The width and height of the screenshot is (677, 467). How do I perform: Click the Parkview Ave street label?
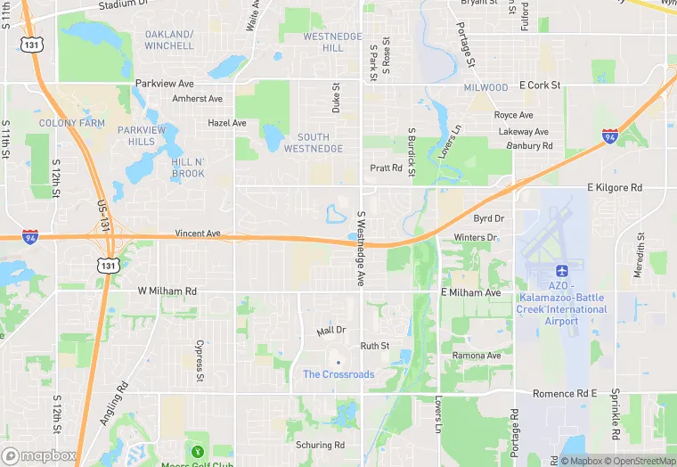click(x=165, y=83)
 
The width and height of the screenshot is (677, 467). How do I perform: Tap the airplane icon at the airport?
click(x=561, y=270)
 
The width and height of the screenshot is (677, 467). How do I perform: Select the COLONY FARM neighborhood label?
click(x=72, y=123)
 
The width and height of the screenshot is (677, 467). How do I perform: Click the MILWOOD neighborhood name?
click(x=485, y=87)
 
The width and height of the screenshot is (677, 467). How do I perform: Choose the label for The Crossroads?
click(x=338, y=374)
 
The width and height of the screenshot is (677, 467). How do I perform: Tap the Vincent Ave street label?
click(x=198, y=233)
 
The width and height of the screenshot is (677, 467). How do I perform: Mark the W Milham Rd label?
click(x=167, y=291)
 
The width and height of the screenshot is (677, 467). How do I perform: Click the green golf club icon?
click(x=197, y=448)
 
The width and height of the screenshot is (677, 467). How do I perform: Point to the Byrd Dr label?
click(x=489, y=218)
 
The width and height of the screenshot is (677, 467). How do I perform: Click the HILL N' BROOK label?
click(x=188, y=168)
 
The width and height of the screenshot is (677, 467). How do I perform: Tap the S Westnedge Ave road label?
click(x=362, y=249)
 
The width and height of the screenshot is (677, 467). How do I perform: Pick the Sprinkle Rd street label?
click(x=616, y=414)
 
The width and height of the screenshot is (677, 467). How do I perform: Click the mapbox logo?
click(x=39, y=455)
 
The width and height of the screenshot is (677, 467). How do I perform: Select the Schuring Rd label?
click(x=321, y=445)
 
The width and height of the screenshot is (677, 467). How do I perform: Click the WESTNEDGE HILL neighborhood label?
click(x=333, y=41)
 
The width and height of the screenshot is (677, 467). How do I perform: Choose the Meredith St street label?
click(x=640, y=253)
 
